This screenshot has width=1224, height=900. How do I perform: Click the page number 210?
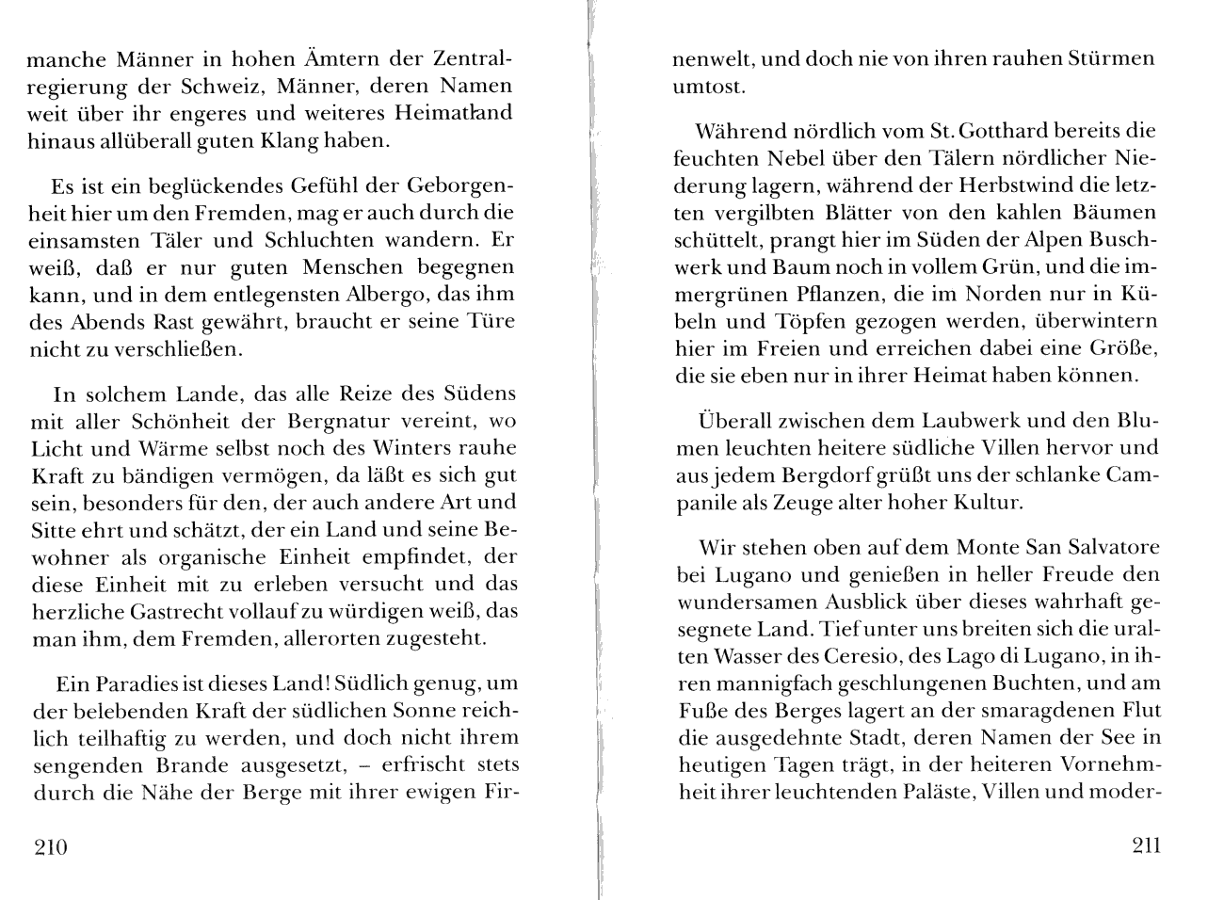coord(50,847)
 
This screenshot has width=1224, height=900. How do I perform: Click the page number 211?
coord(1145,845)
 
